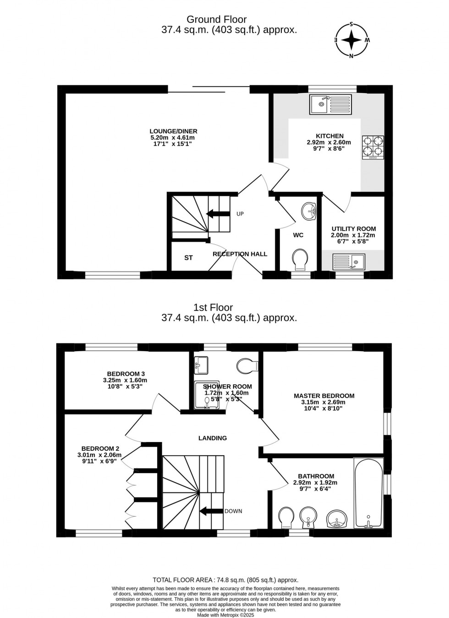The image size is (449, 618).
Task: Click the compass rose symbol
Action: coord(352,40)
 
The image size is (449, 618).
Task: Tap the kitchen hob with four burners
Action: coord(373,146)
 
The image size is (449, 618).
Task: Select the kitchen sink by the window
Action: coord(330,104)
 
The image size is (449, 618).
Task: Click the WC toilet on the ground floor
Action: coord(300,259)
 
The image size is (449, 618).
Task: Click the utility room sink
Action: coord(348,262)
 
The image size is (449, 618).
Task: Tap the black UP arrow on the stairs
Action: coord(218,213)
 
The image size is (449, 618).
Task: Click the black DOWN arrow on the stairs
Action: coord(211,511)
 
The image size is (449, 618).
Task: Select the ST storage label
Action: coord(188,258)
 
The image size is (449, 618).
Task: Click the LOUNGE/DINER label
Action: coord(174,131)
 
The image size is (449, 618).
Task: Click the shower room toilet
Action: coord(248,366)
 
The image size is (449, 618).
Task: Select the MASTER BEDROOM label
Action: coord(324,396)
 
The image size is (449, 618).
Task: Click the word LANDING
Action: coord(213,438)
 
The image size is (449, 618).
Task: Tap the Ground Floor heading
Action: coord(217,19)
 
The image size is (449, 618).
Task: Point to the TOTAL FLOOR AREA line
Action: coord(225,579)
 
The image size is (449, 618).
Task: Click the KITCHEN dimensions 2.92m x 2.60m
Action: coord(329,142)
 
